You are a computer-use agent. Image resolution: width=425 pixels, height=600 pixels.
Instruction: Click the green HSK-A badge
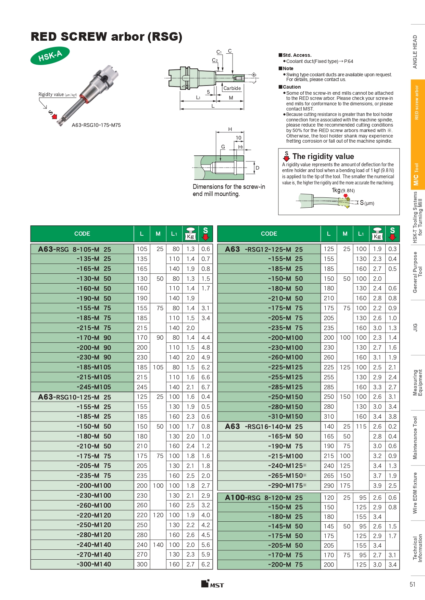50,56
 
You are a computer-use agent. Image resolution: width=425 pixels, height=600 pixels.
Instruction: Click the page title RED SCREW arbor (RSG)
106,37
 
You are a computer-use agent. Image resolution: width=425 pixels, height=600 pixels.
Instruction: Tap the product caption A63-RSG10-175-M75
96,125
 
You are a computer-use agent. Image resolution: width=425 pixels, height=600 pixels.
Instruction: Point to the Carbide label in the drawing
232,88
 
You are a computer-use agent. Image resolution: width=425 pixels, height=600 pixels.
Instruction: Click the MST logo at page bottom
212,584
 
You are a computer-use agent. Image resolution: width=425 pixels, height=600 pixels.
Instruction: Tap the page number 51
412,584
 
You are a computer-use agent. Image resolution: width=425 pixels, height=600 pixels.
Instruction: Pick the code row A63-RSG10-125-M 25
75,397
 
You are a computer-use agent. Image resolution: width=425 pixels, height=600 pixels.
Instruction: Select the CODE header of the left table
82,234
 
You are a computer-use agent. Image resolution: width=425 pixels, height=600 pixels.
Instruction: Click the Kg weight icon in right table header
377,234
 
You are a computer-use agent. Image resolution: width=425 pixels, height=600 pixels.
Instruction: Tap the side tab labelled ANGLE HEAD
415,52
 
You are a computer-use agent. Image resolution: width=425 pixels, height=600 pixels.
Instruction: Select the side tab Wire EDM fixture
415,493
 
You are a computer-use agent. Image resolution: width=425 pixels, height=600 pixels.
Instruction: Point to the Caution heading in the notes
291,87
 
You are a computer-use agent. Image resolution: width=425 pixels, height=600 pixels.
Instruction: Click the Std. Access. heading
297,55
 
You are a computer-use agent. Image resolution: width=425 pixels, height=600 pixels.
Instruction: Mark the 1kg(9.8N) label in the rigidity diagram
343,191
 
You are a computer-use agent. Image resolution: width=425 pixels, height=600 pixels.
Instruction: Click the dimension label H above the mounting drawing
230,129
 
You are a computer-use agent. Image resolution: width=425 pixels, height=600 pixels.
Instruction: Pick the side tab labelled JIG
415,327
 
